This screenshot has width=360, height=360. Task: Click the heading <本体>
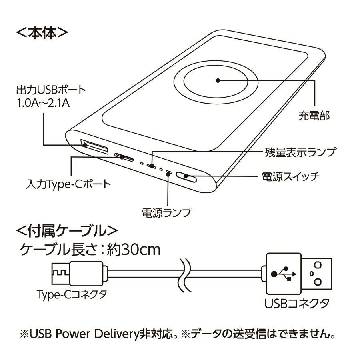pos(42,33)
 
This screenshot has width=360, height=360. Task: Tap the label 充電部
pos(314,116)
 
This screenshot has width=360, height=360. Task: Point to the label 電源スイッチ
pos(291,176)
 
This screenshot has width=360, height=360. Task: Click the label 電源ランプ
pos(167,213)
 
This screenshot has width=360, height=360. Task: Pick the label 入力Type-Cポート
pos(68,184)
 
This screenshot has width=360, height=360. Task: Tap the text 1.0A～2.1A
pos(43,103)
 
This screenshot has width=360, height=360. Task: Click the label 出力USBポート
pos(51,90)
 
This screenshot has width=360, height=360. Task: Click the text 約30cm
pos(134,250)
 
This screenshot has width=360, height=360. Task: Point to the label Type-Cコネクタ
pos(72,294)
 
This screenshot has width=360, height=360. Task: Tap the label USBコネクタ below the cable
pos(297,303)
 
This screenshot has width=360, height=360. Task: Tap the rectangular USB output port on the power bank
pos(94,146)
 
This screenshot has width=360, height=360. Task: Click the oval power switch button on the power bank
pos(186,177)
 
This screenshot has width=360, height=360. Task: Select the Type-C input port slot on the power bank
pos(124,157)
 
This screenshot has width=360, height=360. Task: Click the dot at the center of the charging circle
pos(218,80)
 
